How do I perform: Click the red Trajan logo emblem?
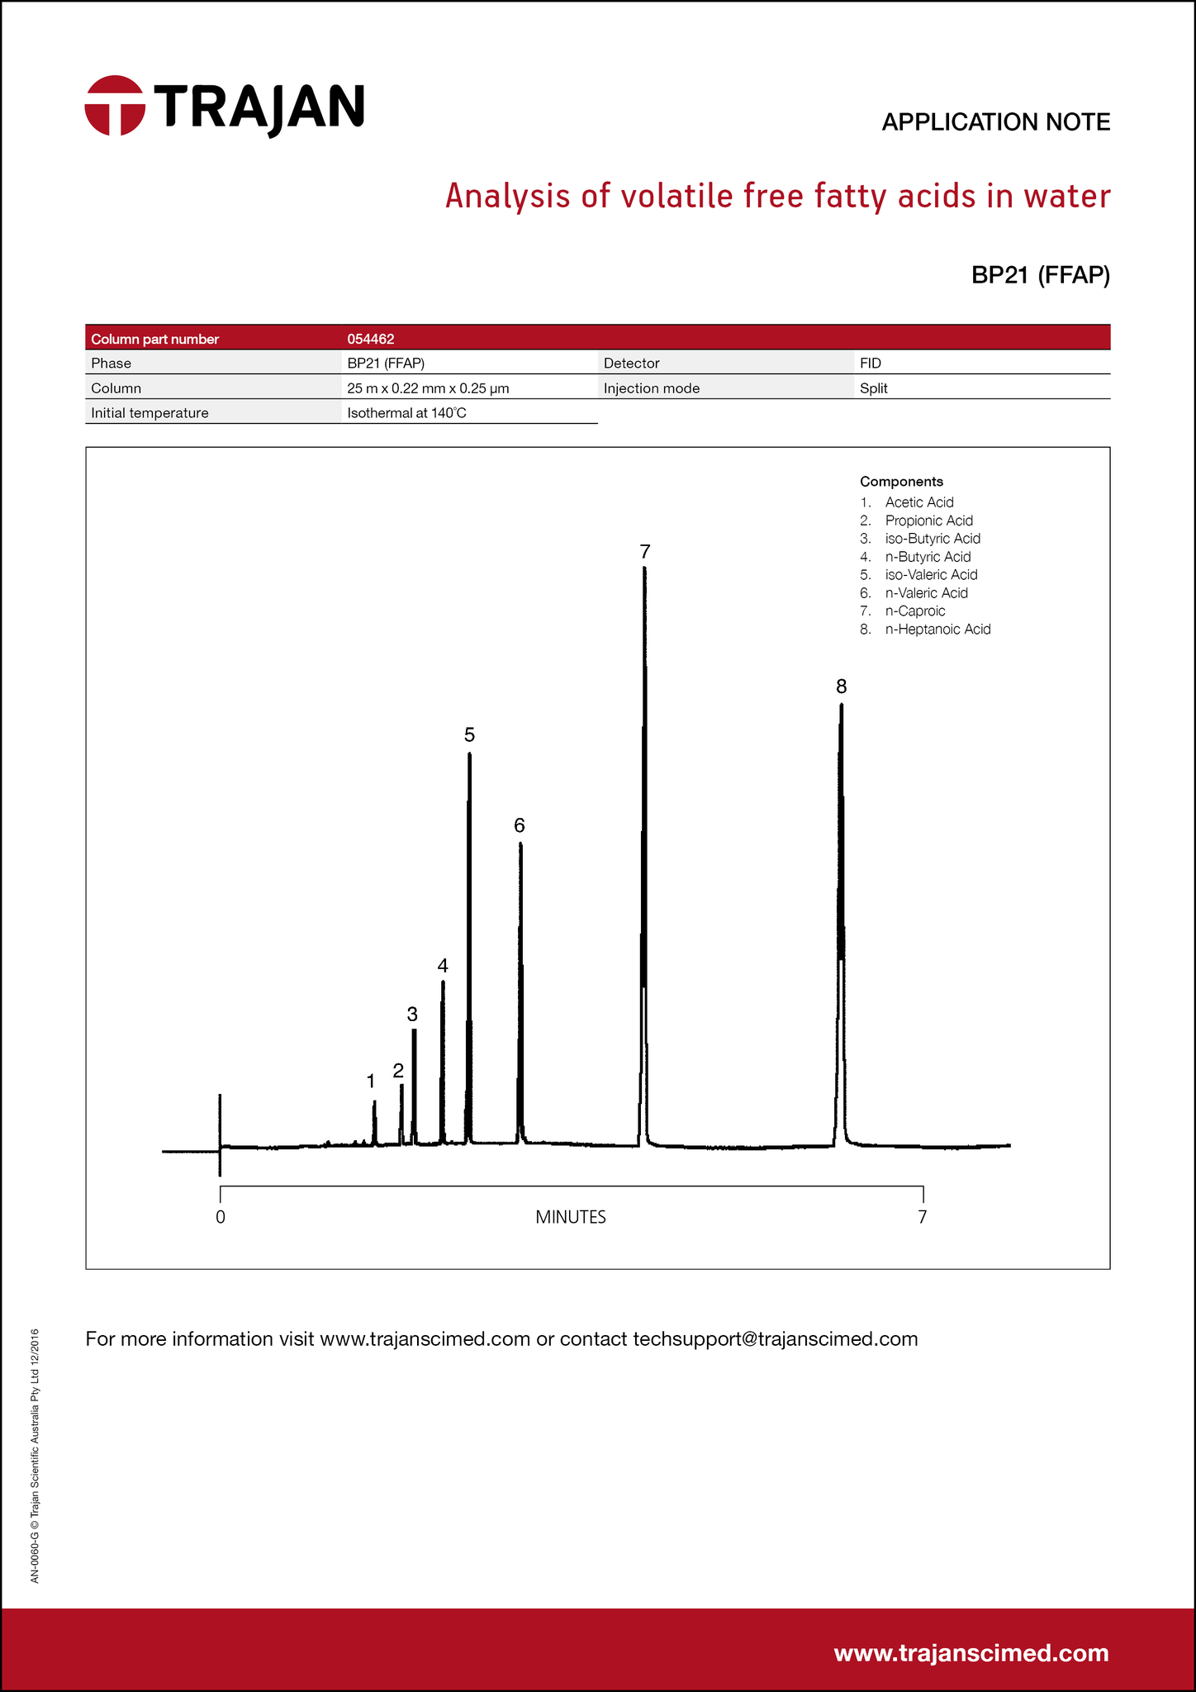pyautogui.click(x=115, y=106)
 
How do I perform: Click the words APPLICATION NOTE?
pyautogui.click(x=995, y=122)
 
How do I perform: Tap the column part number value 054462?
pyautogui.click(x=371, y=339)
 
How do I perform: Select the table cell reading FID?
pyautogui.click(x=870, y=364)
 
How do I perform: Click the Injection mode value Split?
pyautogui.click(x=873, y=388)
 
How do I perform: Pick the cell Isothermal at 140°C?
pyautogui.click(x=406, y=413)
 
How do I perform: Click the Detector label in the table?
pyautogui.click(x=631, y=364)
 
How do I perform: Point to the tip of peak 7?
pyautogui.click(x=644, y=568)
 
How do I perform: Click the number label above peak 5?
pyautogui.click(x=469, y=734)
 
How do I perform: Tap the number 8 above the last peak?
pyautogui.click(x=841, y=686)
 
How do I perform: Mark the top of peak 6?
pyautogui.click(x=520, y=844)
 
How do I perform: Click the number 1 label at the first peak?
pyautogui.click(x=371, y=1081)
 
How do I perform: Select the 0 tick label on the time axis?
pyautogui.click(x=221, y=1217)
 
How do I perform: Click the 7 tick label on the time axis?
pyautogui.click(x=923, y=1217)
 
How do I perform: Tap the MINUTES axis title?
pyautogui.click(x=571, y=1217)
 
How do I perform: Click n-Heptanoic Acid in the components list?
pyautogui.click(x=937, y=630)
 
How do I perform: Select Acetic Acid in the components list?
pyautogui.click(x=918, y=502)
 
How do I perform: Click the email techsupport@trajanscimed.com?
pyautogui.click(x=775, y=1339)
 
